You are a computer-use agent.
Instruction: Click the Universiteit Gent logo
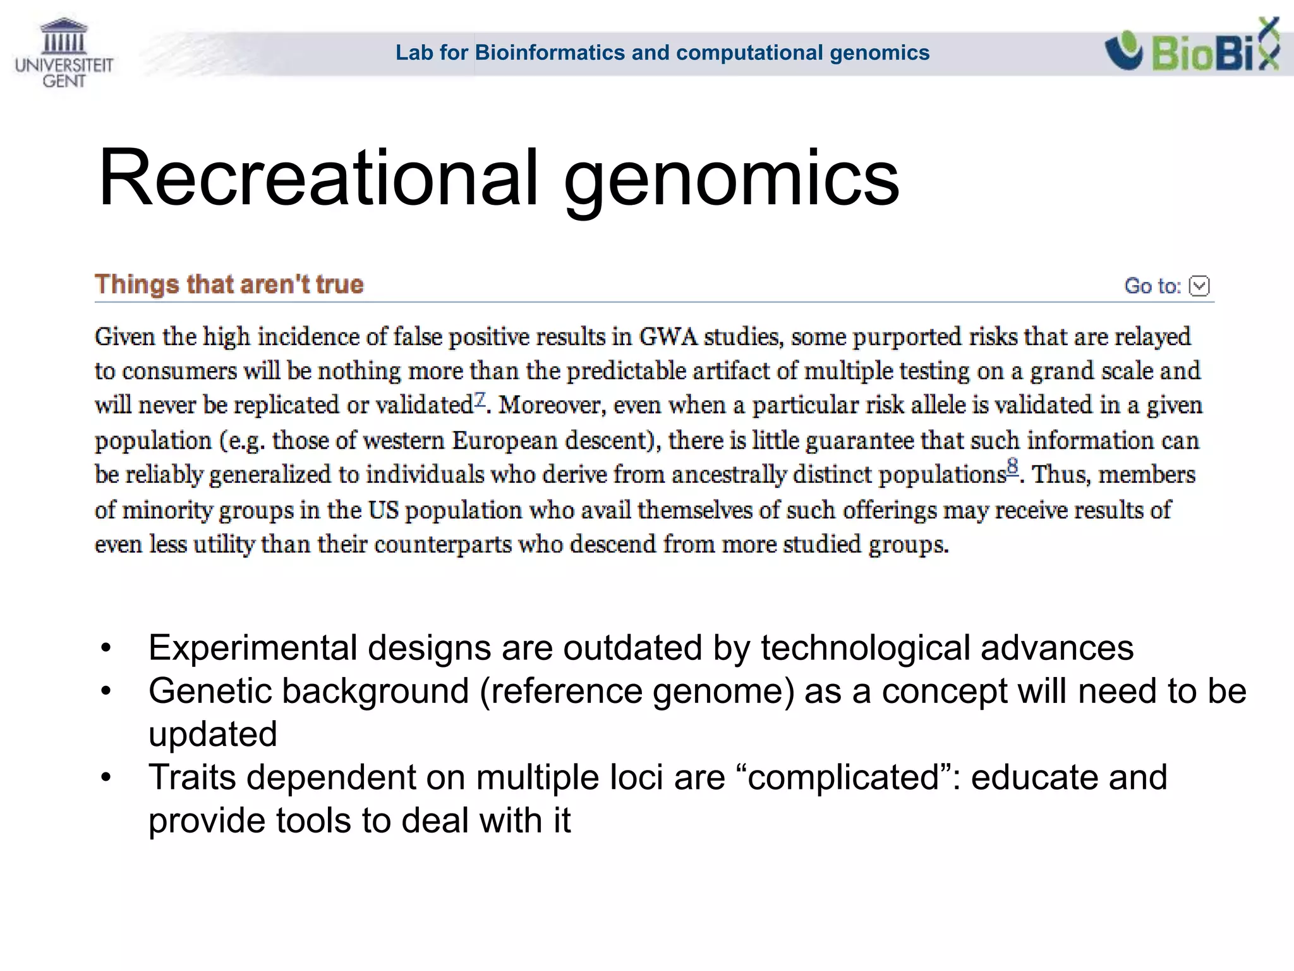[64, 53]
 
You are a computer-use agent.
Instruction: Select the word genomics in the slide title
[731, 180]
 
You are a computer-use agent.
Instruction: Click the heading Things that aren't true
[229, 284]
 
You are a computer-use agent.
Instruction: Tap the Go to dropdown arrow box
[1199, 286]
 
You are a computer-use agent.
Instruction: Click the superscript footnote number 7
[480, 399]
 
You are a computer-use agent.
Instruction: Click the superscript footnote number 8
[1012, 468]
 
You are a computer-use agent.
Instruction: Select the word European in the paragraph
[505, 441]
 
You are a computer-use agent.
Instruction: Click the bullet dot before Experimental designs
[106, 649]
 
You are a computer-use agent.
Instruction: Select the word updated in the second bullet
[213, 735]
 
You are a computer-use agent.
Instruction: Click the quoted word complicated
[844, 778]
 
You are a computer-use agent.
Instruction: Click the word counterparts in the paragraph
[443, 544]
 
